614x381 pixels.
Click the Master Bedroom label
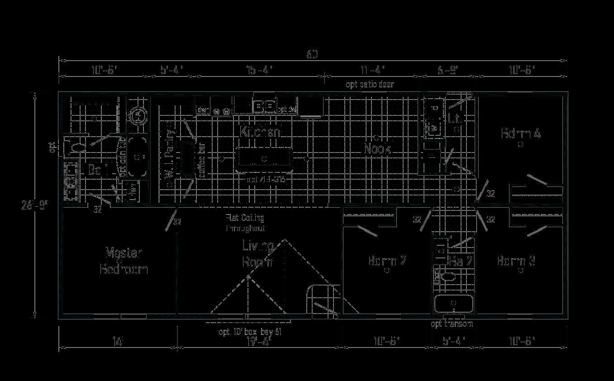click(124, 261)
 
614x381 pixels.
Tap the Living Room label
click(257, 254)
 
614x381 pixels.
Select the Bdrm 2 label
click(387, 261)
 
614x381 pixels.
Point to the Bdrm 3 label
click(516, 261)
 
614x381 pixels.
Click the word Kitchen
click(260, 132)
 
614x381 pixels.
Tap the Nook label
click(377, 148)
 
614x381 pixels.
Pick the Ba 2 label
click(461, 261)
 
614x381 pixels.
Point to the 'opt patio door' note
click(370, 84)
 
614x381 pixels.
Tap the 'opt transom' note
click(452, 324)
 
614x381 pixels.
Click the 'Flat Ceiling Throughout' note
click(245, 224)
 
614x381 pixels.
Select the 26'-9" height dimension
click(33, 205)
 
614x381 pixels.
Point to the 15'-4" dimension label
click(259, 70)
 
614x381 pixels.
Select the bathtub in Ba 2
click(453, 304)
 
